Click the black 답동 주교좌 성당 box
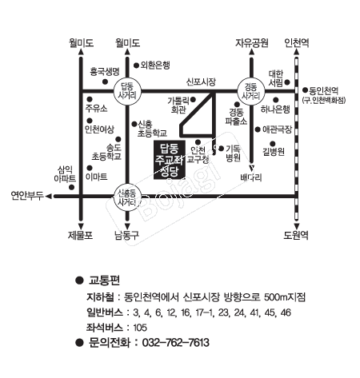click(x=170, y=160)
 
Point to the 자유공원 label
click(x=251, y=43)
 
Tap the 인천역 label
click(x=297, y=43)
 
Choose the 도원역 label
click(x=296, y=235)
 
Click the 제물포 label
click(x=80, y=235)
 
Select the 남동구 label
click(x=126, y=235)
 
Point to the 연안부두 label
click(x=27, y=196)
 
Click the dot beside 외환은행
click(x=136, y=65)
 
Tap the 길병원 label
click(x=274, y=152)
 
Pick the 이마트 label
click(x=97, y=177)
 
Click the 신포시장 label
click(x=201, y=82)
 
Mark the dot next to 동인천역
click(x=305, y=90)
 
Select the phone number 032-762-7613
click(x=176, y=343)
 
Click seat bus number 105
click(x=140, y=328)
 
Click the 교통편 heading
click(x=104, y=281)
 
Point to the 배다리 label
click(x=251, y=177)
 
